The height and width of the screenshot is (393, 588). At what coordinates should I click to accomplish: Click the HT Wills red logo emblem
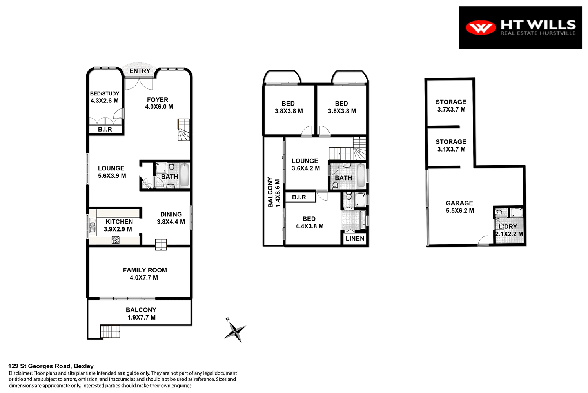tap(481, 27)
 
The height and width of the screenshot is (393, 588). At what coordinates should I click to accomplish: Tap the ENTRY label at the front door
tap(140, 71)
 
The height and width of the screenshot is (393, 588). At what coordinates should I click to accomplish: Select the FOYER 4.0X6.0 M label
tap(159, 103)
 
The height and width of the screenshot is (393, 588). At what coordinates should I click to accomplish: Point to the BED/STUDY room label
tap(104, 97)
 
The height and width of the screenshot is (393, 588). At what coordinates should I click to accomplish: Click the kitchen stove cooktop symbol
tap(116, 239)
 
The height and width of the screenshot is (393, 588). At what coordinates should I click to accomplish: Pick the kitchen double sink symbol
tap(93, 227)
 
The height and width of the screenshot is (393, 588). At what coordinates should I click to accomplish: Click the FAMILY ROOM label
tap(145, 274)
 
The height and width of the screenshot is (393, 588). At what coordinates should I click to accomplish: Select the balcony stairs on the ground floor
tap(110, 332)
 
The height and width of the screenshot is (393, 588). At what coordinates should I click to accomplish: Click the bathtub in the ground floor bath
tap(184, 176)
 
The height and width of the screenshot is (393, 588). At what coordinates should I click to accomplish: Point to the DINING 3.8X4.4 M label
tap(171, 218)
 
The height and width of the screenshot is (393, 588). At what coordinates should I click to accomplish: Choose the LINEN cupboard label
tap(355, 238)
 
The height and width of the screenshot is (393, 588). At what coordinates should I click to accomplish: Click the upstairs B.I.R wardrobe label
tap(299, 197)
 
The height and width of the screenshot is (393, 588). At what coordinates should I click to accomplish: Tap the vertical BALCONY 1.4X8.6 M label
tap(274, 192)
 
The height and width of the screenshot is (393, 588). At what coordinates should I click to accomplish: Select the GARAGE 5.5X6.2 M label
tap(460, 207)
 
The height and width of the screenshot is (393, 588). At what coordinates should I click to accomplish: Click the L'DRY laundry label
tap(508, 227)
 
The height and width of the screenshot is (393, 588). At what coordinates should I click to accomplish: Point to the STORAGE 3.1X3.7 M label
tap(451, 145)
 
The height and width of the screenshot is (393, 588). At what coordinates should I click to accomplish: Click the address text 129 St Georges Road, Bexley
tap(51, 366)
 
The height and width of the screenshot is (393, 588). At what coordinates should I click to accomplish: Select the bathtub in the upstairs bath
tap(361, 175)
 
